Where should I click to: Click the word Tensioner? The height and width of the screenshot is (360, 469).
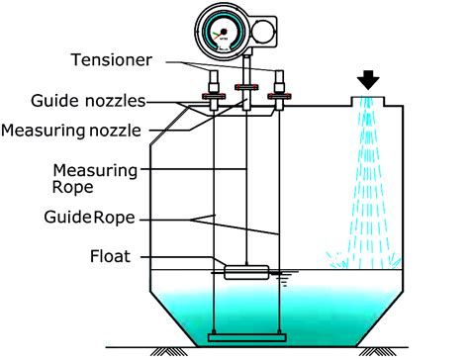(112, 59)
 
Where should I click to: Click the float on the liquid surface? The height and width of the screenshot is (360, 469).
(245, 271)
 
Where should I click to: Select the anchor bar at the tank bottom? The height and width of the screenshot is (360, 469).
(245, 338)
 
